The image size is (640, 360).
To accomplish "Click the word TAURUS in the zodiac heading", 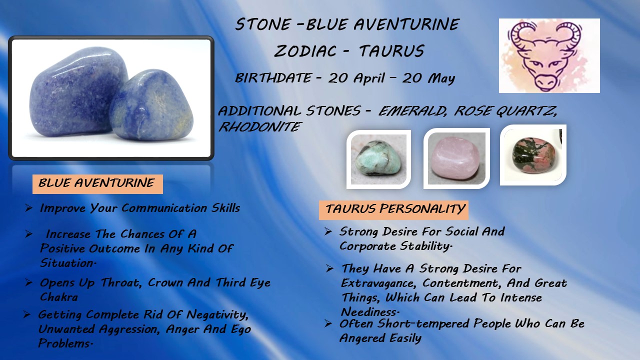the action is click(x=391, y=51).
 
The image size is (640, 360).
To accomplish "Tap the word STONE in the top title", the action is click(x=263, y=24).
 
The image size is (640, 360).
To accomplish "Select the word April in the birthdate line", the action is click(x=369, y=78).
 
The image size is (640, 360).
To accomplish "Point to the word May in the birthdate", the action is click(x=441, y=78).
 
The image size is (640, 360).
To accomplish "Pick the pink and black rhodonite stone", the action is click(x=533, y=155).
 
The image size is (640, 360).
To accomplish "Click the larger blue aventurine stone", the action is click(x=77, y=91).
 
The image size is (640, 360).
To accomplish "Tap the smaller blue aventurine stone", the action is click(x=151, y=105).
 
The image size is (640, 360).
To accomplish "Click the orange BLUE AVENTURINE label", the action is click(x=97, y=184).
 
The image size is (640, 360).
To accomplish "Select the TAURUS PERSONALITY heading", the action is click(x=393, y=210).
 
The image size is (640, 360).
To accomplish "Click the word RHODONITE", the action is click(x=259, y=126).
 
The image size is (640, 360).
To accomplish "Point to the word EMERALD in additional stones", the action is click(x=412, y=111).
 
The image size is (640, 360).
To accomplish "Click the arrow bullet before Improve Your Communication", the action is click(x=28, y=207).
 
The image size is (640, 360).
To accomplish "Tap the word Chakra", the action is click(x=59, y=297).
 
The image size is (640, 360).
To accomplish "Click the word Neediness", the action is click(x=370, y=311).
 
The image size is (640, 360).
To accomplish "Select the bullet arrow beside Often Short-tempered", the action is click(x=328, y=323).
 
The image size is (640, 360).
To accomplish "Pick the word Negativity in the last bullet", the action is click(x=217, y=315).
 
